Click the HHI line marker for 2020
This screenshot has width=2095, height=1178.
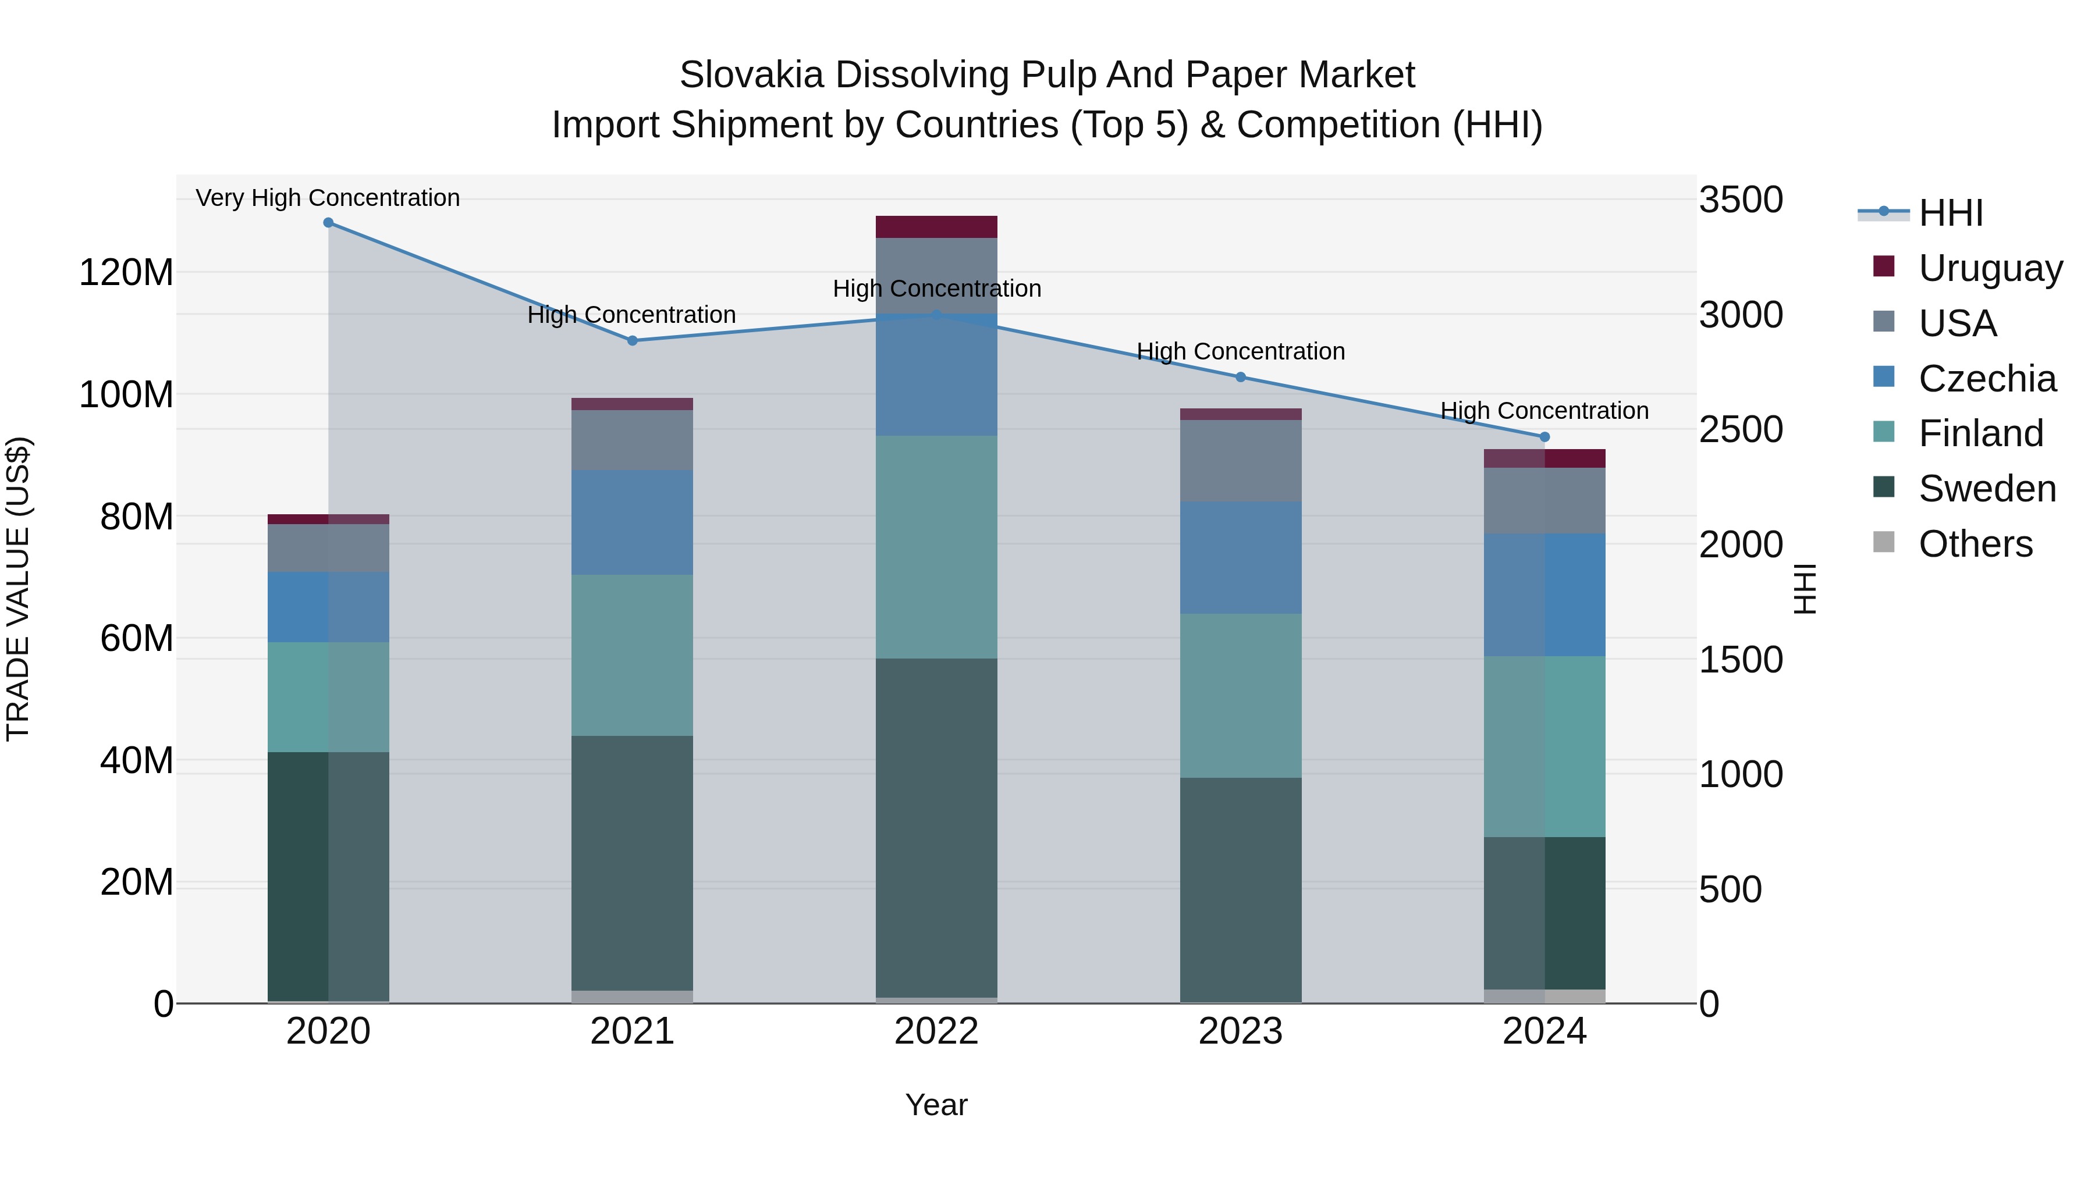(329, 223)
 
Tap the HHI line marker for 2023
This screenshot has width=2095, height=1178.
(1240, 377)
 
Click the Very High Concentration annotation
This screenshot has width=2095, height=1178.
(328, 198)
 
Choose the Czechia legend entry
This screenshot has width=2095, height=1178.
(1987, 379)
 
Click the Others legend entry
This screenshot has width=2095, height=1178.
(1975, 544)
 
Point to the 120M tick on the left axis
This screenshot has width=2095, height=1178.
(126, 272)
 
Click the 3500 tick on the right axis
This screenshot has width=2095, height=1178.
(1741, 200)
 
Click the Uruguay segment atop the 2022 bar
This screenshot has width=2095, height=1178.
(936, 227)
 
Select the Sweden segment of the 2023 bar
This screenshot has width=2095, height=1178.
(1240, 889)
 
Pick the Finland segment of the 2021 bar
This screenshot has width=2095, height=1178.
(632, 655)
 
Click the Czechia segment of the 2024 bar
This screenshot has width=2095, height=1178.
(1544, 595)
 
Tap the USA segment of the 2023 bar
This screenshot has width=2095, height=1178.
(1240, 461)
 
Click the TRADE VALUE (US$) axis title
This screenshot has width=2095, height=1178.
(18, 589)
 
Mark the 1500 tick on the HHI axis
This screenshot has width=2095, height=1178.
(1741, 660)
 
